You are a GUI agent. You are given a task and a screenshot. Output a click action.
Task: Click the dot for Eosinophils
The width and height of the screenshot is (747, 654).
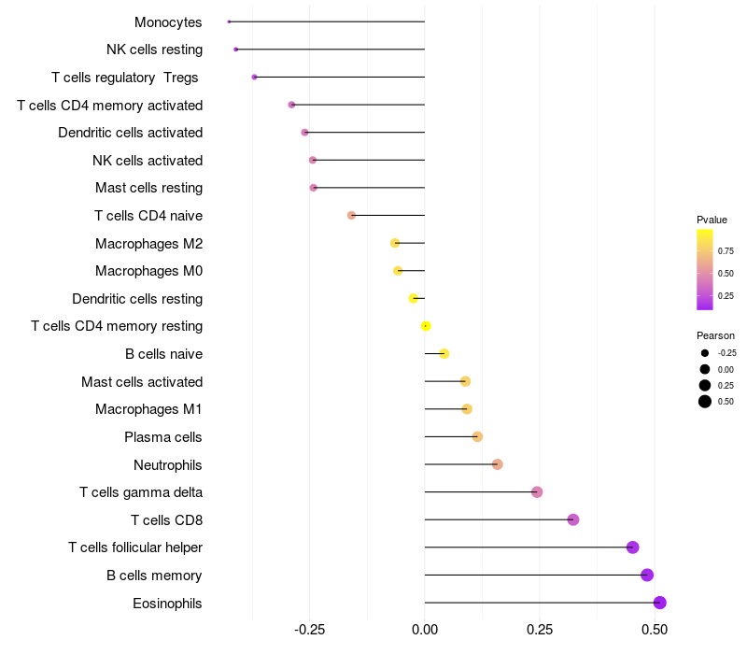click(660, 603)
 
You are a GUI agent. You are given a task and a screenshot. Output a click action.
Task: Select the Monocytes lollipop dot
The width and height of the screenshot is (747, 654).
click(229, 21)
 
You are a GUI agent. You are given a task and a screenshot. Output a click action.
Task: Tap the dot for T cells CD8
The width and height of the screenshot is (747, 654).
click(573, 519)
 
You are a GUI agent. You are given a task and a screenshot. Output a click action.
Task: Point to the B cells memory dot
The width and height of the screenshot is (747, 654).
click(647, 576)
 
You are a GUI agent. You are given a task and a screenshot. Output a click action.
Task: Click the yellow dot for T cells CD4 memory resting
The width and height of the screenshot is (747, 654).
click(426, 326)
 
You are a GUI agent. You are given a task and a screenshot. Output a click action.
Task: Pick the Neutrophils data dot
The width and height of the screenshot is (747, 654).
click(498, 464)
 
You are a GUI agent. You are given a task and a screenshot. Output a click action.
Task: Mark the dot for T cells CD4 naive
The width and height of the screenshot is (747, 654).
click(351, 215)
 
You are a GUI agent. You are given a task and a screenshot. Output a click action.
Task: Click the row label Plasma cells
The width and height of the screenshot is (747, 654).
click(163, 437)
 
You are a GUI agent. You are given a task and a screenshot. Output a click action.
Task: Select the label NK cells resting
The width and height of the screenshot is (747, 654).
click(154, 49)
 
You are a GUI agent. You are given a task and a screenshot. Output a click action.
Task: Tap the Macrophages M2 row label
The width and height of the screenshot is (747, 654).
click(148, 244)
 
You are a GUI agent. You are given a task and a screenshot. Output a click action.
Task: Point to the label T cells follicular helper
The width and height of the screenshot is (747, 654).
click(135, 547)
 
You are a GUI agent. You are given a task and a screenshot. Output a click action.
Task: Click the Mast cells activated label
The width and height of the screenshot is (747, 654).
click(142, 381)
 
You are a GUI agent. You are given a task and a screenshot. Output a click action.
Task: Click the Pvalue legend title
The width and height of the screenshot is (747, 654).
click(712, 220)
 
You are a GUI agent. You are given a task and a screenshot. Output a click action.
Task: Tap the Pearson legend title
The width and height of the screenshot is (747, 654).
click(715, 335)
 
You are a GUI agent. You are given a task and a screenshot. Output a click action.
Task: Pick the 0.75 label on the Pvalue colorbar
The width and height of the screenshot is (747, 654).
click(726, 250)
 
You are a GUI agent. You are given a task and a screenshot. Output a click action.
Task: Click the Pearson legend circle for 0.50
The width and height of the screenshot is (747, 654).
click(705, 402)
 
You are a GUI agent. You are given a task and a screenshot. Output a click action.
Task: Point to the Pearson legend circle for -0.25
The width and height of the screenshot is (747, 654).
click(705, 353)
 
